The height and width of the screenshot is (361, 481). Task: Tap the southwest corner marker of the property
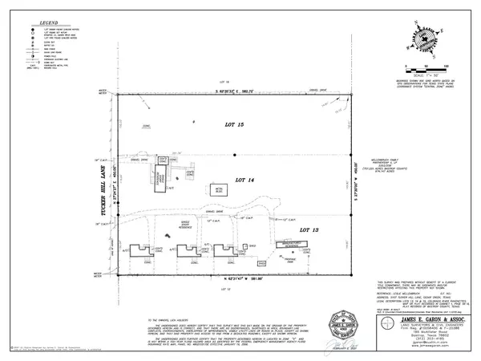click(119, 274)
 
